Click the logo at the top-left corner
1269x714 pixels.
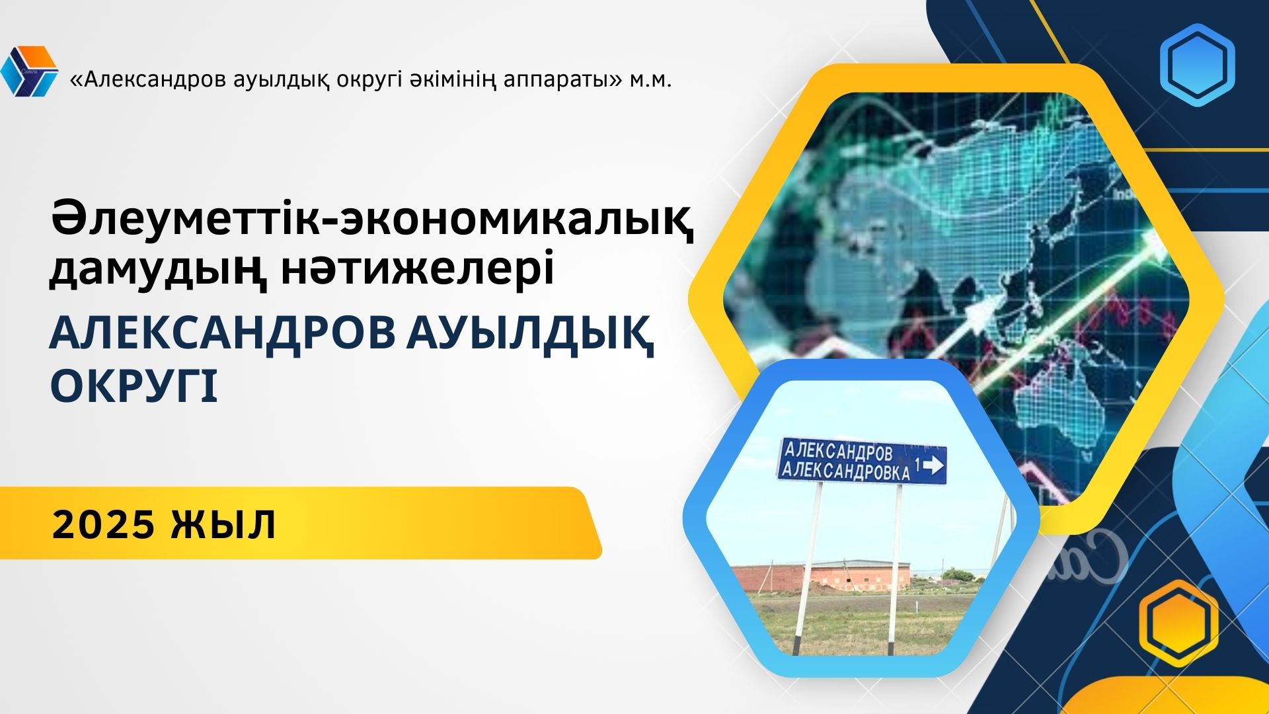pos(29,71)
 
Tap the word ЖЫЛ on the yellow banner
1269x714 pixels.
pos(224,526)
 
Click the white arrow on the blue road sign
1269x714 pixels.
pos(933,466)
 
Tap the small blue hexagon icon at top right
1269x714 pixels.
pos(1197,65)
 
